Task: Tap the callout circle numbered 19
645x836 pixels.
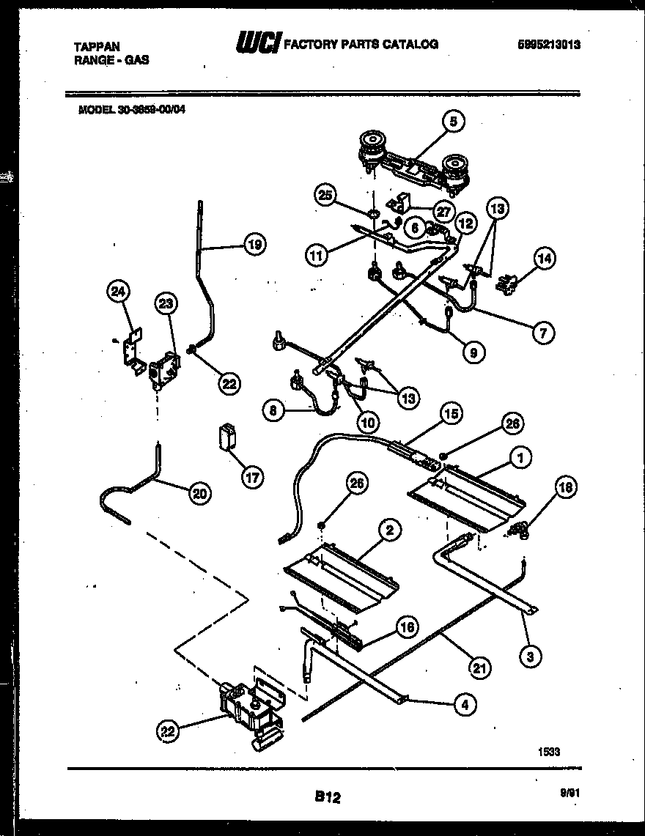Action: [254, 245]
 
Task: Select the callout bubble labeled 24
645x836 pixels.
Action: [117, 293]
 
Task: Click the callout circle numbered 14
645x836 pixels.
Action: [545, 258]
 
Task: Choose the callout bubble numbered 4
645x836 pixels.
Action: [462, 705]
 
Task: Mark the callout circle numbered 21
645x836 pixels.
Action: [480, 667]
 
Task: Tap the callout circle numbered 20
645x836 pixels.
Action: [198, 494]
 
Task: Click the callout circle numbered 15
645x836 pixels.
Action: [451, 414]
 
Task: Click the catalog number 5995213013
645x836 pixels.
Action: [549, 45]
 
